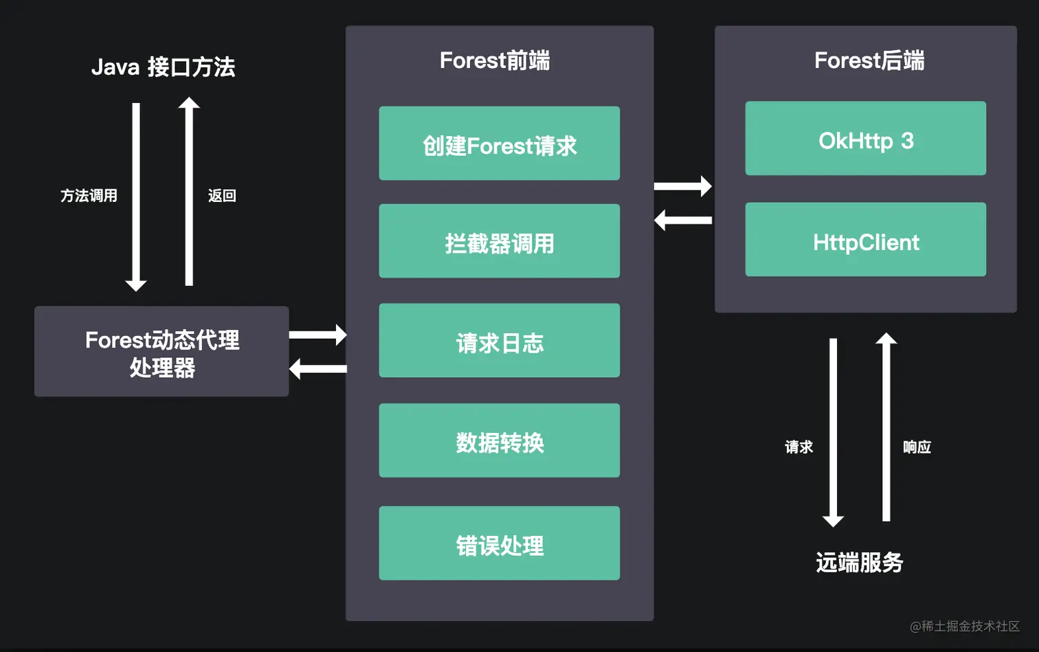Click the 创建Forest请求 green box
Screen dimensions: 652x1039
[x=499, y=144]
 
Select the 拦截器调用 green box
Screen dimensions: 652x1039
[x=499, y=241]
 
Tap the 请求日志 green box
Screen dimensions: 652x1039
[x=499, y=341]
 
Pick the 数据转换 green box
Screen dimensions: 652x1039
[x=499, y=440]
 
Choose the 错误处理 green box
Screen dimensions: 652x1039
[x=499, y=543]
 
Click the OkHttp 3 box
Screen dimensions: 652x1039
[x=865, y=139]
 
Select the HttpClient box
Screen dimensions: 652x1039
[x=865, y=240]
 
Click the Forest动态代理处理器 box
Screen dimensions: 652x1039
[x=161, y=352]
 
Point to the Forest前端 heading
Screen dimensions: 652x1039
[x=495, y=60]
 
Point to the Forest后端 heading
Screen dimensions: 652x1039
[x=869, y=60]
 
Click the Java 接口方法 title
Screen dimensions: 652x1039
[x=163, y=67]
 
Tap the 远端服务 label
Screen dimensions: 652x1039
[x=859, y=563]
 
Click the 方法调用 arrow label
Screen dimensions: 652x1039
[x=89, y=196]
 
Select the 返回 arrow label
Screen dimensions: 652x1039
[x=222, y=196]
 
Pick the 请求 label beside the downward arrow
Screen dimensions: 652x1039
[x=798, y=447]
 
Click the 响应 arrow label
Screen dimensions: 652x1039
[x=917, y=447]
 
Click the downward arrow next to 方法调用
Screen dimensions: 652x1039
[x=136, y=196]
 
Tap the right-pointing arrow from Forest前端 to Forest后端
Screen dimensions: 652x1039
[x=682, y=186]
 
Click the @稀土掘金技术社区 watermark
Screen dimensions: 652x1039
[x=964, y=626]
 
